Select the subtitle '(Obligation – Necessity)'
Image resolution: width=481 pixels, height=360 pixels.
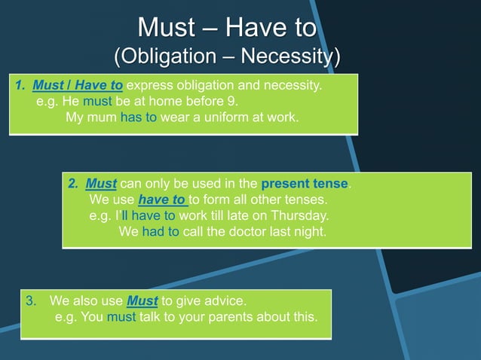226,56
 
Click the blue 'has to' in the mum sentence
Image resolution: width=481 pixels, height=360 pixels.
138,118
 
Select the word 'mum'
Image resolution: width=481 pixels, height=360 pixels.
101,118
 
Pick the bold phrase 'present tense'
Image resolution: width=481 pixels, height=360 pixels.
305,184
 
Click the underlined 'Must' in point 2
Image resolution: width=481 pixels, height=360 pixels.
102,184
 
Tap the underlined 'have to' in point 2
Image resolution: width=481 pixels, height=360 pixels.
162,200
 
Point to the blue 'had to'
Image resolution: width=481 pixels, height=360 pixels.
160,232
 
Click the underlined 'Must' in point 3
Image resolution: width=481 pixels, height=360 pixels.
142,301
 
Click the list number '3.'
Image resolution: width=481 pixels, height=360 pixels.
31,301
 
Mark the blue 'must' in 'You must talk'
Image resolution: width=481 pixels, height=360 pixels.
121,317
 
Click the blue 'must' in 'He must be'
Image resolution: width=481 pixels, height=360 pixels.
97,102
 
